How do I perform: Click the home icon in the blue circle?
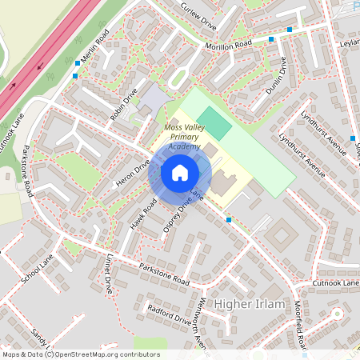(x=179, y=173)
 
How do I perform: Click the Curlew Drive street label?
(x=199, y=13)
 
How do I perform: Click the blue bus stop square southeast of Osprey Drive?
(x=229, y=219)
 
